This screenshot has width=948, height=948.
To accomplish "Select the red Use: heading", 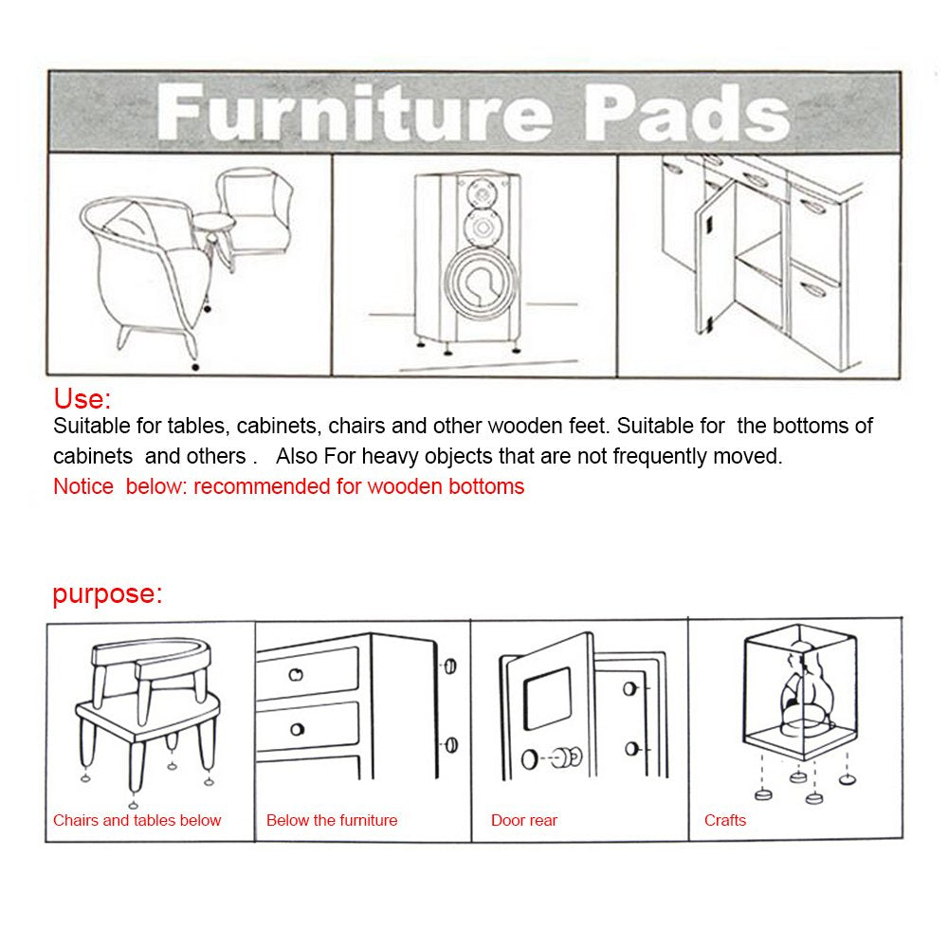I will coord(82,398).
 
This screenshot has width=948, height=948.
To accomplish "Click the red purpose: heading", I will coord(107,594).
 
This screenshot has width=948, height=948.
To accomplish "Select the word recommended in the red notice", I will coord(253,487).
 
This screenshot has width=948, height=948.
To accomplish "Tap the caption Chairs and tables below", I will coord(137,821).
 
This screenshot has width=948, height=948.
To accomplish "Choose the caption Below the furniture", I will coord(332,821).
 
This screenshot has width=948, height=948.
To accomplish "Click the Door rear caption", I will coord(524,821).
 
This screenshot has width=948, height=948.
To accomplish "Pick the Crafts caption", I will coord(725,821).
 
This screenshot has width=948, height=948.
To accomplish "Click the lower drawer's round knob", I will coord(297,729).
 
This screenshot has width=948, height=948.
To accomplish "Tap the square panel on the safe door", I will coord(547,698).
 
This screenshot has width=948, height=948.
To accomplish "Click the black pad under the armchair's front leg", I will coord(195,365).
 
